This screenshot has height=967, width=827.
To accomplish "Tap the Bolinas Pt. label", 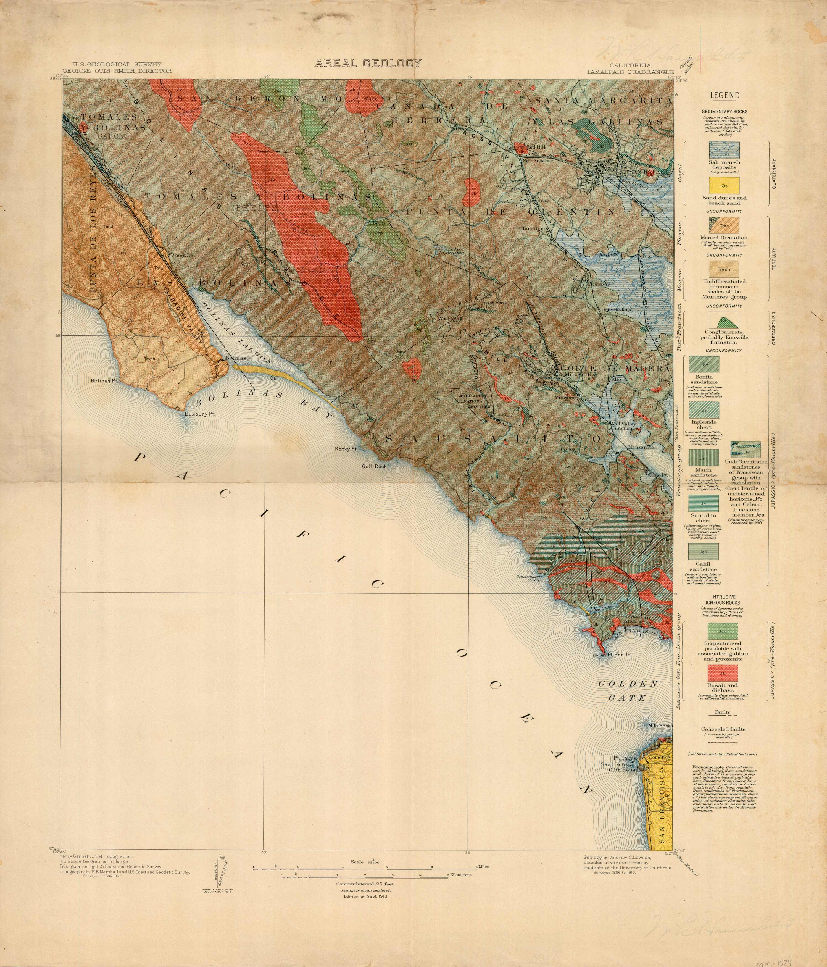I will [x=103, y=381].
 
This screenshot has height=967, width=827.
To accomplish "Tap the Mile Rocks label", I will [x=660, y=726].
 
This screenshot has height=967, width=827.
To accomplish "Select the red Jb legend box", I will [x=723, y=674].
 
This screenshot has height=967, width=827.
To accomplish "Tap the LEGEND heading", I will [x=725, y=96].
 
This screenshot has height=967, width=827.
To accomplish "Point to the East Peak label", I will [x=495, y=303].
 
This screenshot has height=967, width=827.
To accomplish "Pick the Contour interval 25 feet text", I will [x=365, y=884].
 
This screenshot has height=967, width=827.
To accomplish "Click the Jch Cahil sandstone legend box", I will [x=703, y=552].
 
